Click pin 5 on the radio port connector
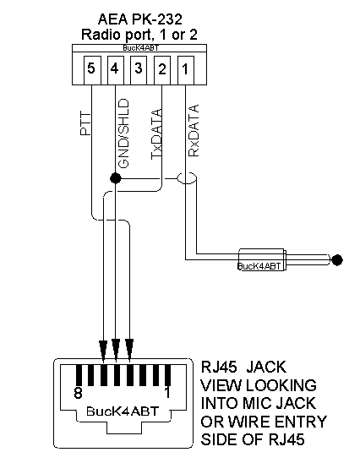click(x=92, y=71)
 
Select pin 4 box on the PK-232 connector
click(x=116, y=71)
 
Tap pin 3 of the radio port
click(x=139, y=71)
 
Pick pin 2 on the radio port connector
click(x=162, y=71)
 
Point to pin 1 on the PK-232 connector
click(x=185, y=71)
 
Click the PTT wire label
click(x=85, y=123)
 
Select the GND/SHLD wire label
click(x=123, y=133)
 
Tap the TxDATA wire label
click(x=156, y=134)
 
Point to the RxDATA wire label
click(x=194, y=130)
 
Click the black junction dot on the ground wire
click(x=115, y=178)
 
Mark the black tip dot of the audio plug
click(x=337, y=260)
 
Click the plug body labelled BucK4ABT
click(x=262, y=260)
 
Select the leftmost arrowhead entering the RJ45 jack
click(x=103, y=351)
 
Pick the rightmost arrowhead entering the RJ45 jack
click(x=129, y=350)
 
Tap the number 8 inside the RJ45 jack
click(x=78, y=393)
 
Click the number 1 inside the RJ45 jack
click(x=167, y=393)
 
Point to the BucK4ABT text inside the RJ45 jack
click(x=123, y=411)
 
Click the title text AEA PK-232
click(x=140, y=19)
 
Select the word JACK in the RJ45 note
click(x=266, y=367)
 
